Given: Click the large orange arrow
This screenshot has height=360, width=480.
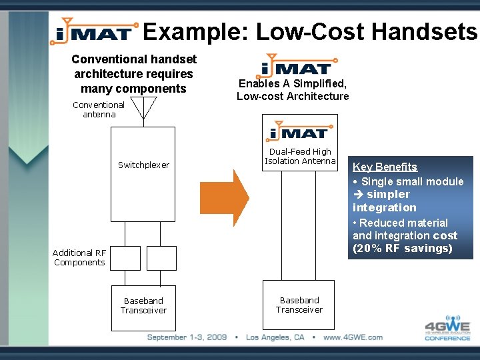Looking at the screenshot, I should point(224,197).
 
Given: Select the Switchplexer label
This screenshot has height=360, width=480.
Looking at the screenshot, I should point(143,165).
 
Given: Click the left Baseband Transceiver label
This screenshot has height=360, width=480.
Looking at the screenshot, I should point(143,305).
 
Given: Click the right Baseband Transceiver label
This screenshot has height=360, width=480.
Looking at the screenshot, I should point(299,305).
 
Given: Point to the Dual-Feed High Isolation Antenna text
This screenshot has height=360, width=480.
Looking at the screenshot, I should point(300,156).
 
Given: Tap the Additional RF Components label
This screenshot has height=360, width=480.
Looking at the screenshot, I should point(79,257).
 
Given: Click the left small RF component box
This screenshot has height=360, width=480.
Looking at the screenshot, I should point(125,258).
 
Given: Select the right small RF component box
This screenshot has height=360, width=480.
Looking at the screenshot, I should point(161,258).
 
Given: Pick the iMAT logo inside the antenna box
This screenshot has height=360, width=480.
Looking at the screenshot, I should point(299,131).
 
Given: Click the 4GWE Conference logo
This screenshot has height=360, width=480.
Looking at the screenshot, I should point(447,326).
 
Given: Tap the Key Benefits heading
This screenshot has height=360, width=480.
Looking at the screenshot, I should point(385,167).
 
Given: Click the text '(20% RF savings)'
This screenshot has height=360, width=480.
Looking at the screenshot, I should point(402,248).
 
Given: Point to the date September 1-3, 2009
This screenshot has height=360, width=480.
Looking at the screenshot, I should point(187,337).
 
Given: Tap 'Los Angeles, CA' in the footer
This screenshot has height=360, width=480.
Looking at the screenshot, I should point(275,337).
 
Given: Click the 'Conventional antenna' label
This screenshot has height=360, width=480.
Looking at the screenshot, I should point(98,109).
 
